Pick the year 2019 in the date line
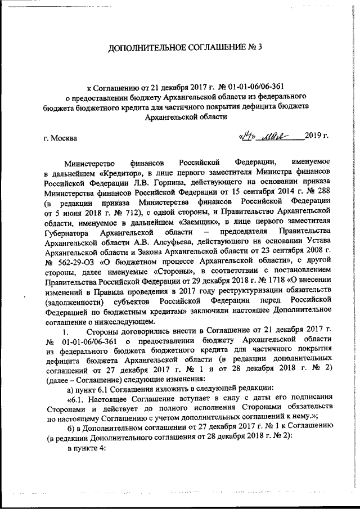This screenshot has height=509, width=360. (x=313, y=136)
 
